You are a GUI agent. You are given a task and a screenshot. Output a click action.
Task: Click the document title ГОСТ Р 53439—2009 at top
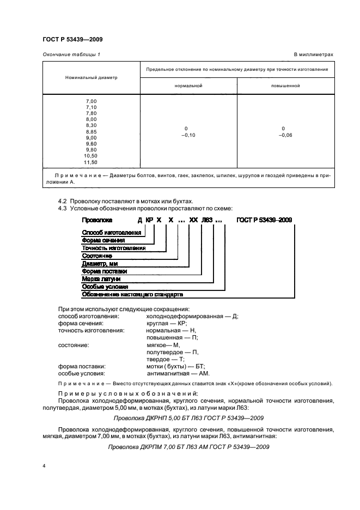(x=72, y=39)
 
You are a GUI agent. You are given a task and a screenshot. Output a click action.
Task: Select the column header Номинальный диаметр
(x=91, y=77)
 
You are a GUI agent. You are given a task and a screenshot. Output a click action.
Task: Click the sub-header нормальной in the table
(x=188, y=86)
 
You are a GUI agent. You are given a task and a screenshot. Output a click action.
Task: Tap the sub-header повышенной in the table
(x=285, y=86)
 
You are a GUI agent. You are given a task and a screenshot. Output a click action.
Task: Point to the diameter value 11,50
(x=90, y=162)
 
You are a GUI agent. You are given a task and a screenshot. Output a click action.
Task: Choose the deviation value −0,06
(x=285, y=135)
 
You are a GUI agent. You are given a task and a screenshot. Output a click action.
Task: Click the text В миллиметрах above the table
(x=313, y=54)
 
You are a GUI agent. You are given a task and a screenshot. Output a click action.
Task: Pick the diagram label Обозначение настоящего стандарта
(x=132, y=294)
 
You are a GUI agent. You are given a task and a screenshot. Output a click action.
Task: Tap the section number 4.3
(x=62, y=208)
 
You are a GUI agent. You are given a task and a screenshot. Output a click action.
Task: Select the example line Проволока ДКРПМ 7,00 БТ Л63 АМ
(x=188, y=446)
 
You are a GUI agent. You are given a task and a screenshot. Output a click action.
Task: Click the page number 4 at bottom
(x=44, y=466)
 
